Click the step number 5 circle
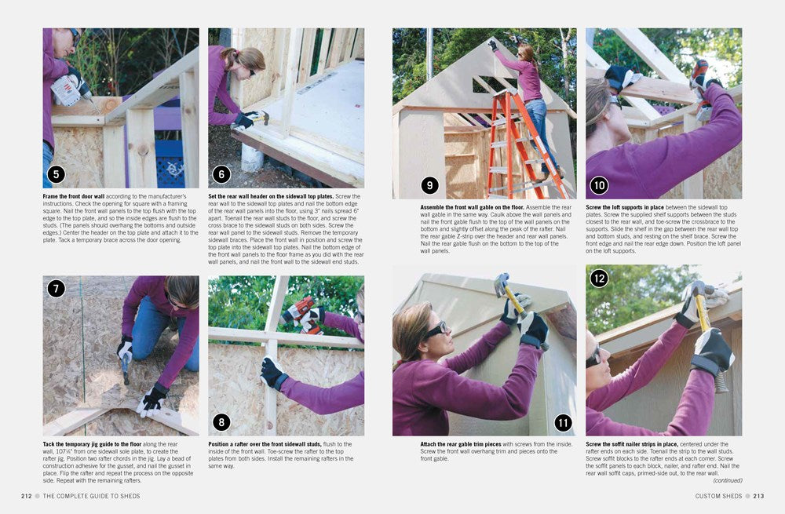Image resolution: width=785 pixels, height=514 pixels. [56, 174]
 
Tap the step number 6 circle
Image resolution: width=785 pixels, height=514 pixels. [221, 174]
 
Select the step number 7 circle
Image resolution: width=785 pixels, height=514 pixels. [56, 288]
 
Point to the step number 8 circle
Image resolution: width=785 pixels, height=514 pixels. [221, 422]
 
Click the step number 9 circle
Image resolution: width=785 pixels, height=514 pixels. [429, 186]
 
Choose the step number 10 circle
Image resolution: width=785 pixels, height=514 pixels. [599, 186]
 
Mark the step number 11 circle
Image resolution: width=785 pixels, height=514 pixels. [563, 423]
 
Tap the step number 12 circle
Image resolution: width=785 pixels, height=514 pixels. [599, 278]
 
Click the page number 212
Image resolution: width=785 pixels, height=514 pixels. [27, 495]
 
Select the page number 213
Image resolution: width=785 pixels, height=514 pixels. [758, 495]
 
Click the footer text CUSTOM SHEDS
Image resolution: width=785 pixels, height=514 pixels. [717, 495]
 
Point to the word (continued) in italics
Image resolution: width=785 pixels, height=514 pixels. [727, 480]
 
